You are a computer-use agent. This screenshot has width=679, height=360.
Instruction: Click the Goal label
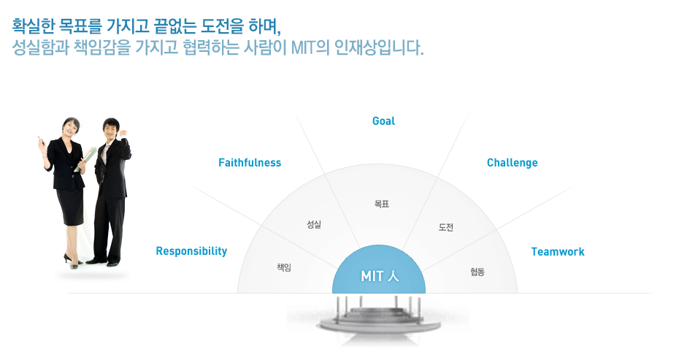[x=383, y=121]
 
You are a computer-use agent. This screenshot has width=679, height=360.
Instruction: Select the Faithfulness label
[x=250, y=162]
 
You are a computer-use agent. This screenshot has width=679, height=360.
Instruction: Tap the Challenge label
[x=513, y=163]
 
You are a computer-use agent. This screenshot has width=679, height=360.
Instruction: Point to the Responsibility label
[x=191, y=251]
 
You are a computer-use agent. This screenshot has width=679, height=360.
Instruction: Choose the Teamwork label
[x=558, y=252]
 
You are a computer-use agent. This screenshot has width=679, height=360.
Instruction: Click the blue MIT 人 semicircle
[x=379, y=271]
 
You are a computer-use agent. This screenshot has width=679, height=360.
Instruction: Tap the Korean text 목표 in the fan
[x=382, y=204]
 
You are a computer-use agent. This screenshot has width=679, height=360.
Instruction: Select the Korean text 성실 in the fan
[x=314, y=224]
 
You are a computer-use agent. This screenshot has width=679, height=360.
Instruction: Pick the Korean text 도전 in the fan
[x=446, y=227]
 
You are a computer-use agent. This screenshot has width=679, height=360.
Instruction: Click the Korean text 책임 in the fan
[x=284, y=267]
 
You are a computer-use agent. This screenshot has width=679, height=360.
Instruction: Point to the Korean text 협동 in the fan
[x=477, y=272]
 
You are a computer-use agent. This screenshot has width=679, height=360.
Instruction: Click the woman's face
[x=72, y=128]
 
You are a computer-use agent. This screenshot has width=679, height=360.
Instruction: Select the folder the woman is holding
[x=85, y=159]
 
